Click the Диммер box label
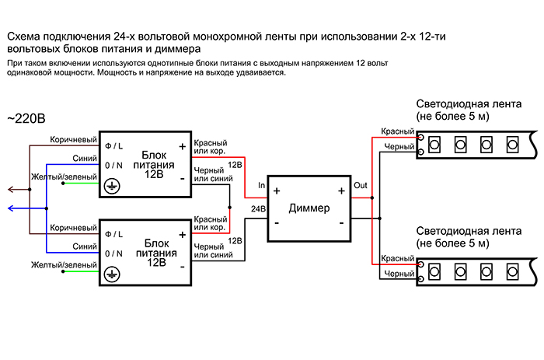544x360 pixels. pyautogui.click(x=309, y=208)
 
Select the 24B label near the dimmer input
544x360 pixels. pyautogui.click(x=258, y=209)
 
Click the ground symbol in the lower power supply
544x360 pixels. pyautogui.click(x=111, y=274)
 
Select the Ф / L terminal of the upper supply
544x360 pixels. pyautogui.click(x=114, y=145)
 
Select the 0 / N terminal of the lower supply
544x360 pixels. pyautogui.click(x=114, y=253)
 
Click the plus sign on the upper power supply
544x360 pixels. pyautogui.click(x=183, y=145)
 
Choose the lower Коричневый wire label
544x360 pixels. pyautogui.click(x=73, y=227)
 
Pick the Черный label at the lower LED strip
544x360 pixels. pyautogui.click(x=399, y=274)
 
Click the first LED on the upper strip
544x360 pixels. pyautogui.click(x=434, y=144)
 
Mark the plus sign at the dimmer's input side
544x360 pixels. pyautogui.click(x=277, y=191)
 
